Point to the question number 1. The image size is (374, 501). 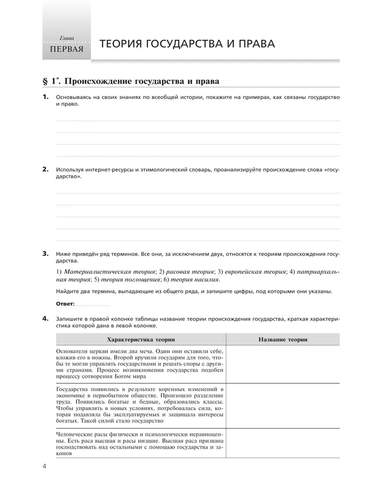pos(45,97)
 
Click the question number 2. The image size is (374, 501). pos(45,170)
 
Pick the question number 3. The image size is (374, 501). pos(45,253)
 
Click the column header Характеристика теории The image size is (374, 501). pos(141,340)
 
